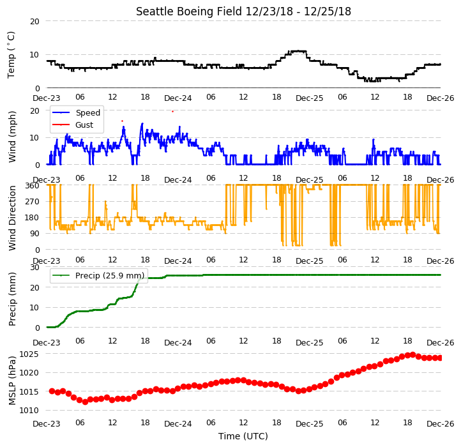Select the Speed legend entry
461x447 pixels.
pos(76,112)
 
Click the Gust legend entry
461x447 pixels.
pos(73,125)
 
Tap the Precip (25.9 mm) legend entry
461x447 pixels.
pos(98,276)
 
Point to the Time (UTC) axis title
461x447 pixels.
pos(243,436)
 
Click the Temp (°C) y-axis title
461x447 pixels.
pos(11,55)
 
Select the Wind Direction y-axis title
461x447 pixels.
pos(12,218)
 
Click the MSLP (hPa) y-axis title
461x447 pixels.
pos(12,381)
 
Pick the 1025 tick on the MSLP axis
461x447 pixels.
pos(29,354)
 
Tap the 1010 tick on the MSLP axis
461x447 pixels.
pos(29,410)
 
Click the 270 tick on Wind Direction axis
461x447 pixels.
pos(33,202)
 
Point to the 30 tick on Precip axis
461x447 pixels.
pos(35,268)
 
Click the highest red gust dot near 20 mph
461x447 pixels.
pos(172,112)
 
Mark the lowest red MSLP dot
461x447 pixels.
pos(85,402)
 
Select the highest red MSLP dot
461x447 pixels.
pos(412,354)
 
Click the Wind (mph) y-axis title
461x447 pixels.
pos(12,137)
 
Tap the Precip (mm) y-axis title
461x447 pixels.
pos(12,299)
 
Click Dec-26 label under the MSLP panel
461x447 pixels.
pos(441,424)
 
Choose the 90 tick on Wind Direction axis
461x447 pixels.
pos(35,234)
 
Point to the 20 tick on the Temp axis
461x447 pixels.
pos(35,21)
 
